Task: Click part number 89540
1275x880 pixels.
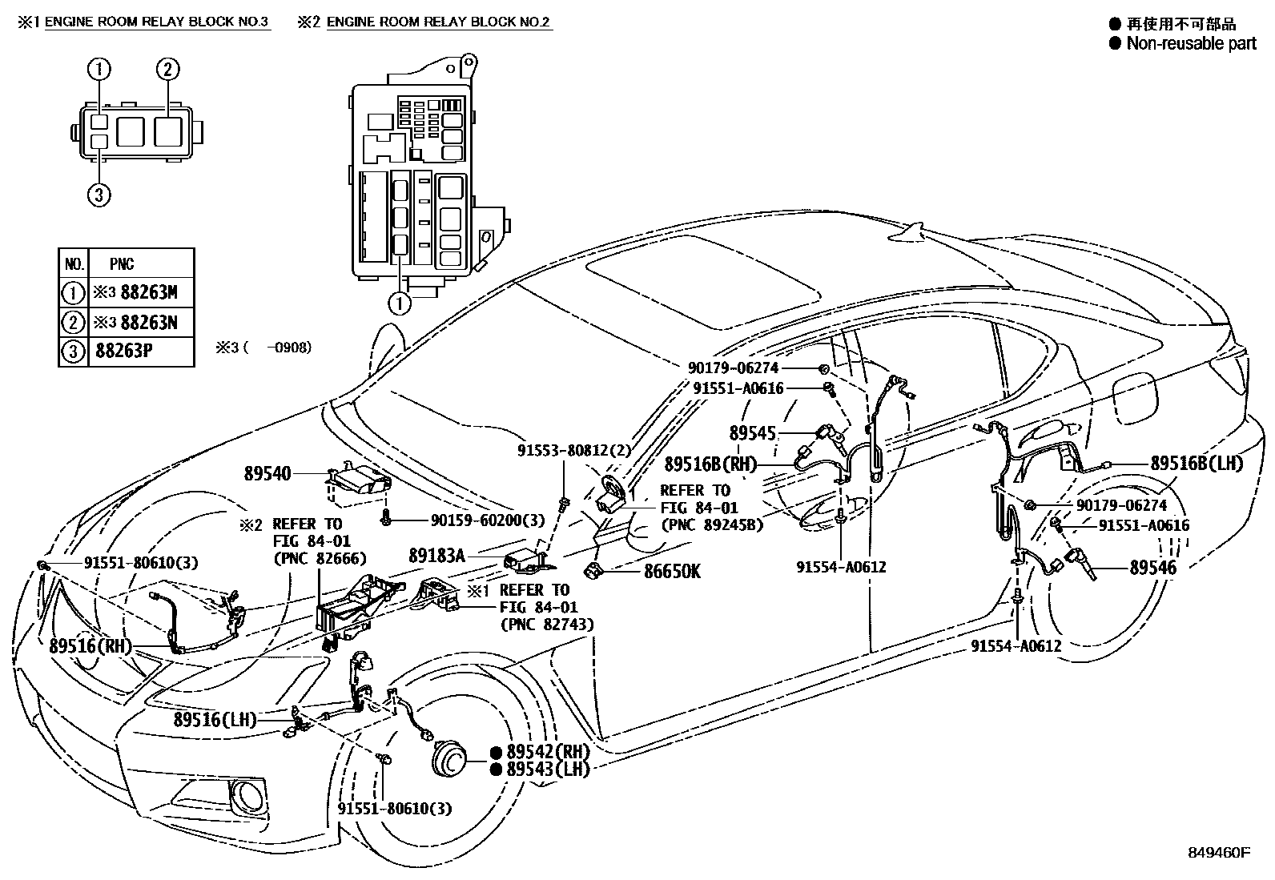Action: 267,474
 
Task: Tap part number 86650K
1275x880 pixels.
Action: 673,571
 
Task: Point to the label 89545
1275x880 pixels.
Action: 753,433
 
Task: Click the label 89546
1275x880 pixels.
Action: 1152,568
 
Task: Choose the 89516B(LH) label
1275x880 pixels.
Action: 1197,463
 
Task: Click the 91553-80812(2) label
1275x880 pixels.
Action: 573,450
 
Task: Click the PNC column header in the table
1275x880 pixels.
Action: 122,263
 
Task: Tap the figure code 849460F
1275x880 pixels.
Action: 1219,852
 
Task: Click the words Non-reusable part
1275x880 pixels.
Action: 1191,43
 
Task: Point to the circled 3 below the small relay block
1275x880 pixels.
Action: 99,195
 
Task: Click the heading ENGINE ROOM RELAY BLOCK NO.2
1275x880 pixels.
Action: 438,22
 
